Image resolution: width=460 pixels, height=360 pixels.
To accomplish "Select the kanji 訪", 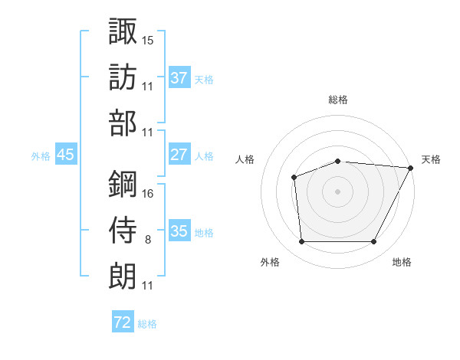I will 123,77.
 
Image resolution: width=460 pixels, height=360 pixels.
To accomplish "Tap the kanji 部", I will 123,124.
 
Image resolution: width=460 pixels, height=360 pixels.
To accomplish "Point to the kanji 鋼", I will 123,184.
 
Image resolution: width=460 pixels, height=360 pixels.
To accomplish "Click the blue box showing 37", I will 179,77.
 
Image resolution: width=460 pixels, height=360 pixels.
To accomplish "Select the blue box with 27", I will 179,154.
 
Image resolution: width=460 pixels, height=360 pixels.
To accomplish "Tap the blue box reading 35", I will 179,231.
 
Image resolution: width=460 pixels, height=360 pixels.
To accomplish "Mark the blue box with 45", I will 66,154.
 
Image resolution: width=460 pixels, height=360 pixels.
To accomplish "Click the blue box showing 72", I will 123,322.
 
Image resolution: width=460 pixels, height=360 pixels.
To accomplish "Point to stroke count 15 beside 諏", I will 148,39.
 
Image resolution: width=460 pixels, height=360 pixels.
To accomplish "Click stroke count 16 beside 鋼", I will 148,193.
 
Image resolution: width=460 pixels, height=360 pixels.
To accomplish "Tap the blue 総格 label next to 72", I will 147,324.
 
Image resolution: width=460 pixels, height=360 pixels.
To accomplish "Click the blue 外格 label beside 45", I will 41,155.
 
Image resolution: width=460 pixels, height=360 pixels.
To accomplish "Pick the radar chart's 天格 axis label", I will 431,159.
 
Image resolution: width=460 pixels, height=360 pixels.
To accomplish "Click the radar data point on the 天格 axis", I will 410,168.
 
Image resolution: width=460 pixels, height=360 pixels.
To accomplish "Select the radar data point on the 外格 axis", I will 301,242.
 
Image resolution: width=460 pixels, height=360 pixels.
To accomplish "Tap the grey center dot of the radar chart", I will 337,191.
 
